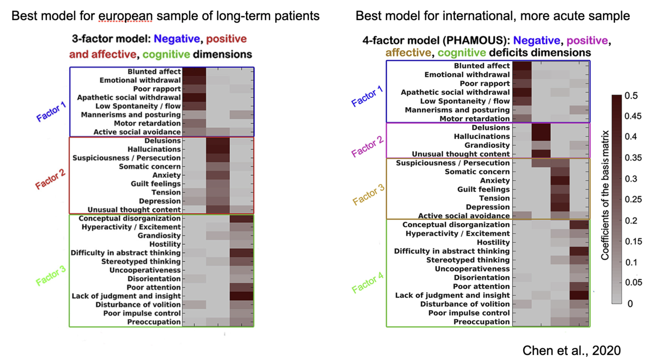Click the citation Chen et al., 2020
click(x=572, y=350)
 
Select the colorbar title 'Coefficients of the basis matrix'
click(x=605, y=195)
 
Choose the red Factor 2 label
click(x=51, y=178)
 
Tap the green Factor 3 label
click(x=51, y=275)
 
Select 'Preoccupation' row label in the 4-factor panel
click(x=481, y=322)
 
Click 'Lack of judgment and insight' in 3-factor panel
click(x=126, y=296)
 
